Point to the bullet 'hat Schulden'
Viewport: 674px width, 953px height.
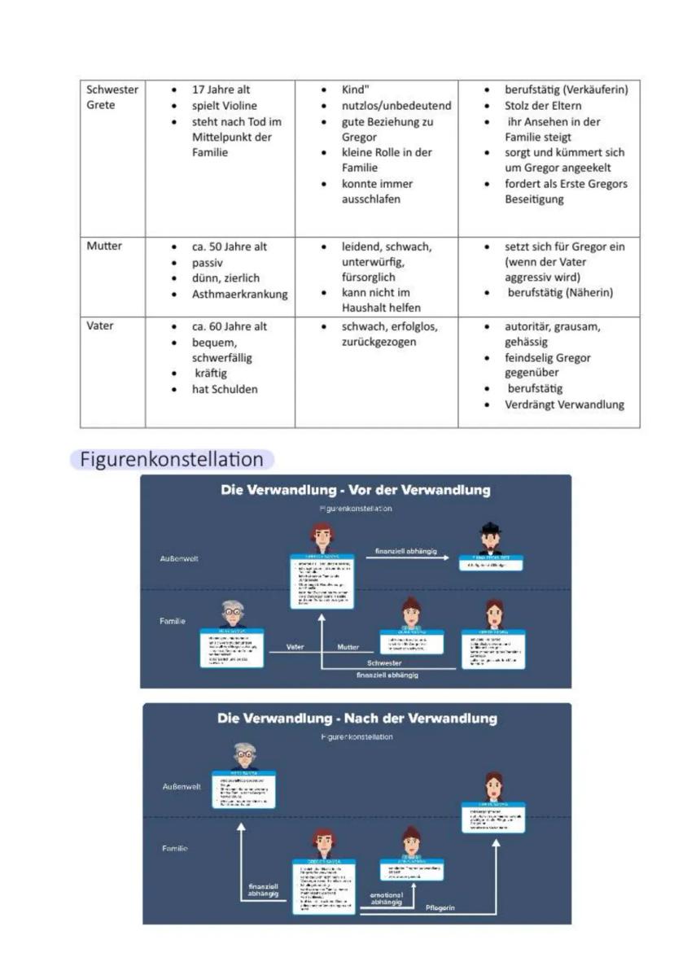[225, 389]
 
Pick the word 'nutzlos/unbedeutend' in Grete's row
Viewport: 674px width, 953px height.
[396, 106]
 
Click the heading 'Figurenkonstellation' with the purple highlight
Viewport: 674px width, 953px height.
[172, 460]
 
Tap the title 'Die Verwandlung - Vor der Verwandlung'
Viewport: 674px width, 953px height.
[356, 490]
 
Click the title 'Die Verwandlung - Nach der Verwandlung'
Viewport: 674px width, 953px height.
[357, 719]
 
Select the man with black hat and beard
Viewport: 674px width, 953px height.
[490, 538]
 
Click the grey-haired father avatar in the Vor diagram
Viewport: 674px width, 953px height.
[232, 613]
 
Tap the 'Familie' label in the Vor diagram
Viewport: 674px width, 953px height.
[172, 621]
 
